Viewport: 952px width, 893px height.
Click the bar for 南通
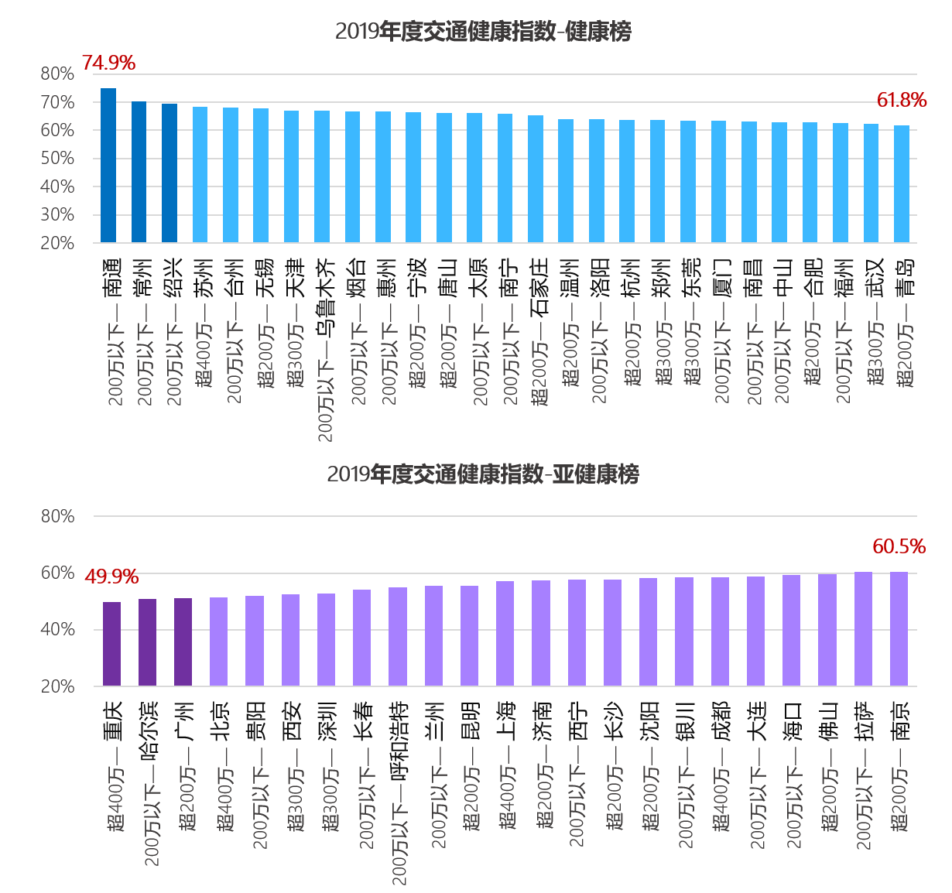coord(108,166)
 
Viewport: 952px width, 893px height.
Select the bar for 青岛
coord(902,184)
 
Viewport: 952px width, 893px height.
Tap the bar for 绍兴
coord(170,173)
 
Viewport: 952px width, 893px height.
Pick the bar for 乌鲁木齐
coord(322,176)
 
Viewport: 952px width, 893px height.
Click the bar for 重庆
coord(112,644)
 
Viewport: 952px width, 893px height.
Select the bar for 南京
coord(899,628)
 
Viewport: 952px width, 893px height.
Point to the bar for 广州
coord(183,642)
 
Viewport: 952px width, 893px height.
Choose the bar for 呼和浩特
coord(398,636)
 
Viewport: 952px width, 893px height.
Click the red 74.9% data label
coord(108,63)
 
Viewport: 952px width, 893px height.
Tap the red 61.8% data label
coord(902,101)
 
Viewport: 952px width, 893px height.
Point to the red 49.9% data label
coord(111,577)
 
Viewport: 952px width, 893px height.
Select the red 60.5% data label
coord(899,547)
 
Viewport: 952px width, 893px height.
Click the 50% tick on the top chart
coord(58,159)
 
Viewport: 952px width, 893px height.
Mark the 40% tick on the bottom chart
coord(58,630)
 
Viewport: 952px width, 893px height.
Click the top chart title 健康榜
coord(483,32)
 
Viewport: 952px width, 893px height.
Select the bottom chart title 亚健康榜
coord(483,474)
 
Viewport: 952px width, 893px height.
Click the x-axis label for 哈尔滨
coord(149,782)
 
